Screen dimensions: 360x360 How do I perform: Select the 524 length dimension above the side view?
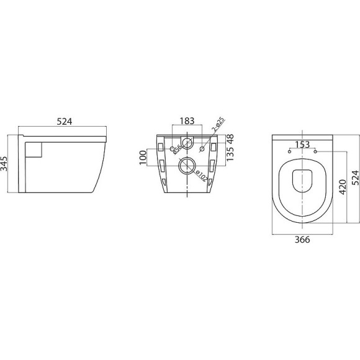tap(65, 122)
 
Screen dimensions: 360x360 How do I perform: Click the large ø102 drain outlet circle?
tap(186, 166)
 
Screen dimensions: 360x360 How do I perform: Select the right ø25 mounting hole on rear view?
tap(203, 148)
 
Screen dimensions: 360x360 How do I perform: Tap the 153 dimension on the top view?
tap(304, 145)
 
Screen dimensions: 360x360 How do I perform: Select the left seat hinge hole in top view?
tap(290, 151)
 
